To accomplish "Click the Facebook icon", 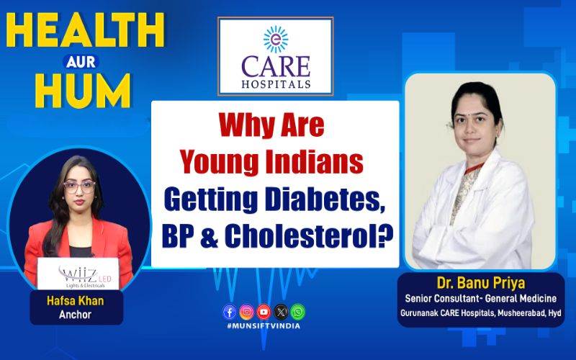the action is pos(230,312).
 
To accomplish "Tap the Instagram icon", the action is pos(246,312).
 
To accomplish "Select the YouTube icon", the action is pos(264,312).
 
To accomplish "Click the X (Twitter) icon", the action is pos(281,312).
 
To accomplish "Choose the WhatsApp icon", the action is pos(297,312).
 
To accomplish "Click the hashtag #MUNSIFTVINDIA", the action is pos(264,326).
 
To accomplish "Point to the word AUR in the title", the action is pos(81,62).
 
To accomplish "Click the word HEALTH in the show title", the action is pos(85,30).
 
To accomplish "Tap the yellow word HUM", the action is pos(83,91).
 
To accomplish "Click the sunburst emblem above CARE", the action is pos(276,40).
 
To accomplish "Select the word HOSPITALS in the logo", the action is pos(276,84).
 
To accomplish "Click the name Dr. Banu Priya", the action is pos(480,283).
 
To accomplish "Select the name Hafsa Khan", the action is pos(76,301).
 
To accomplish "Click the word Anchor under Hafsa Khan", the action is pos(75,315).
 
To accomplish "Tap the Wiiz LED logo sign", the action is pos(78,274).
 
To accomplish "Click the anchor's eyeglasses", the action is pos(79,187).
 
